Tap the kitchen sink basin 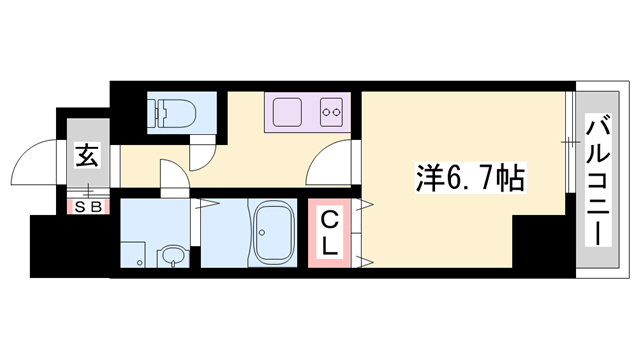288,110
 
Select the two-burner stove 331,110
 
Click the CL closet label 329,232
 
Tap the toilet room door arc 202,155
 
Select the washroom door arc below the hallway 172,177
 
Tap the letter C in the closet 329,219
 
